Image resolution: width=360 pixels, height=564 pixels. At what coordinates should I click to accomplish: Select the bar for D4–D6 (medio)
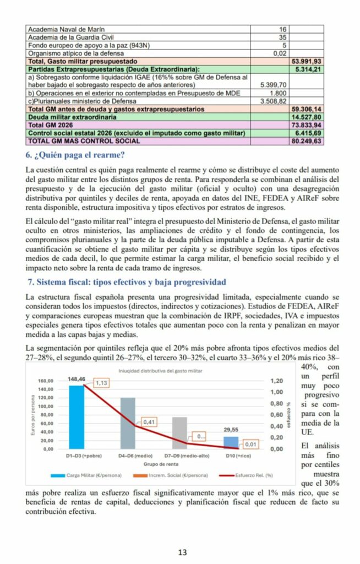click(x=128, y=423)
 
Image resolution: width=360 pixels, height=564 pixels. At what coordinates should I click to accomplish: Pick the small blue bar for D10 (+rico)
click(x=231, y=443)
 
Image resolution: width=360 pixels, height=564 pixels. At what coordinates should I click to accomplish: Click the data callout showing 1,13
click(x=101, y=383)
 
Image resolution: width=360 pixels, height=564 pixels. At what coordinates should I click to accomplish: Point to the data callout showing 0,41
click(x=150, y=422)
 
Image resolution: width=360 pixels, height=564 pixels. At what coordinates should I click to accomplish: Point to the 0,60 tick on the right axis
click(x=276, y=415)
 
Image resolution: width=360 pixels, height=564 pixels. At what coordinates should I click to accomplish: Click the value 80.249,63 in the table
click(x=306, y=141)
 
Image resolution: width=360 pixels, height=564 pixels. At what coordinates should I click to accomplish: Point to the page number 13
click(x=180, y=552)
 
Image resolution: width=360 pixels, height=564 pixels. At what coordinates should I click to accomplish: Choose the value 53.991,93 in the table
click(x=306, y=61)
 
